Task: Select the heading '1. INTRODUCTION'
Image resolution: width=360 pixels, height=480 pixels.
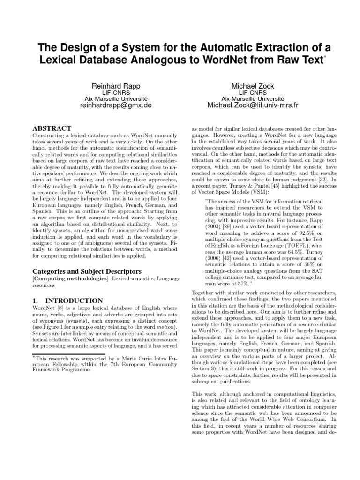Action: point(68,300)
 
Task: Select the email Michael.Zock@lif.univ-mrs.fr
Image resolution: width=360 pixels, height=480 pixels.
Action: point(253,106)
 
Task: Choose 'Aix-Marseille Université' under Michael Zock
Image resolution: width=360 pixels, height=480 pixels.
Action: point(253,99)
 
